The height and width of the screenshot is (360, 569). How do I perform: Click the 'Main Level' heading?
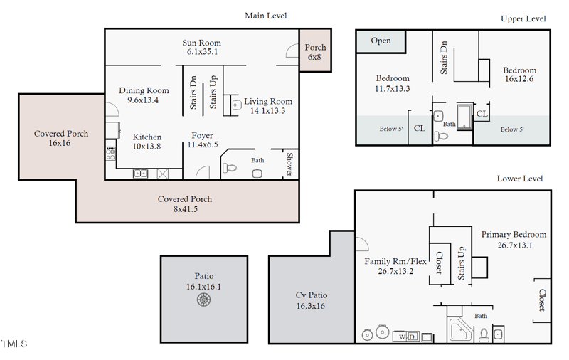point(265,16)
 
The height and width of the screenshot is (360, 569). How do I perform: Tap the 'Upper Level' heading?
point(523,18)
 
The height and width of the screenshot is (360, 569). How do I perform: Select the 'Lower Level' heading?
point(519,179)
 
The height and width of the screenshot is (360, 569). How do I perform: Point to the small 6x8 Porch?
point(315,52)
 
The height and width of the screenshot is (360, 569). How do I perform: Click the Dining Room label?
point(144,95)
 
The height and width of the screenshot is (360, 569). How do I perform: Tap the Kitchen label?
point(147,141)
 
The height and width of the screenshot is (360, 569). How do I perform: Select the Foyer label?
point(202,139)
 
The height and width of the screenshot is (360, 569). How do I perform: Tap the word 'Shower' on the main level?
point(290,164)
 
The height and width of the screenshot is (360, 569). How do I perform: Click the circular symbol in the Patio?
point(204,300)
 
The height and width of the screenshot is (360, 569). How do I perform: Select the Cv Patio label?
point(311,300)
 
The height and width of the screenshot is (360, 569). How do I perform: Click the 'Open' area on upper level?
point(381,41)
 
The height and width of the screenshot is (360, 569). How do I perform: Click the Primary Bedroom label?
point(514,240)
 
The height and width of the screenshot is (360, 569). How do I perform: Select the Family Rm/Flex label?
point(395,265)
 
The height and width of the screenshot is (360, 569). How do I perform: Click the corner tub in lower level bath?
point(459,331)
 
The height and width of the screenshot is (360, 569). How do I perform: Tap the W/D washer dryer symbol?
point(407,336)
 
